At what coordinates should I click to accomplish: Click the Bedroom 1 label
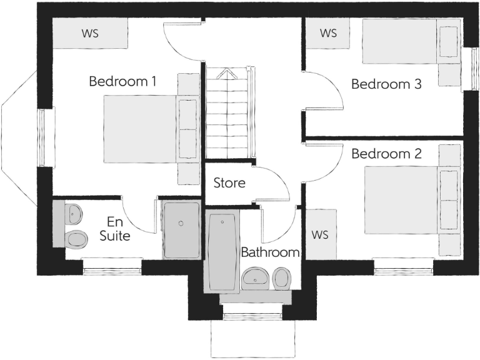coord(122,81)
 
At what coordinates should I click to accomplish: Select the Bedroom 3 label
coord(386,84)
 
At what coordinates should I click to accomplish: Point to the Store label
coord(229,184)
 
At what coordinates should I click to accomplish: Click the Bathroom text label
coord(270,252)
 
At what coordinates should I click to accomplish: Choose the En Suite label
coord(115,229)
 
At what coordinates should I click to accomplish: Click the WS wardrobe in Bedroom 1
coord(90,33)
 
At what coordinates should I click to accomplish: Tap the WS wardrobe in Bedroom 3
coord(328,33)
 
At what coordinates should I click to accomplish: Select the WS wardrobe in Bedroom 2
coord(320,235)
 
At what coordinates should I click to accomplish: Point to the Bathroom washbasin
coord(255,277)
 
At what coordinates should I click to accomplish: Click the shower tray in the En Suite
coord(181,230)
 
